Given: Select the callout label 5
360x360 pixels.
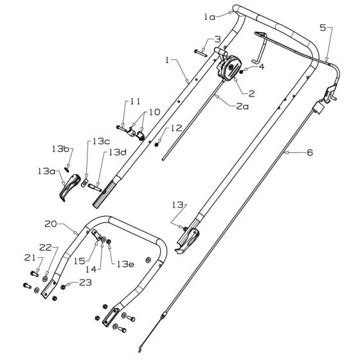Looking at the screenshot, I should pos(323,29).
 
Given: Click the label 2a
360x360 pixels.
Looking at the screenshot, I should pos(242,106).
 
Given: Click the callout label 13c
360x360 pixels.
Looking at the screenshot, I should pos(102,141).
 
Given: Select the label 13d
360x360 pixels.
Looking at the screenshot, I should pos(116,153).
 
